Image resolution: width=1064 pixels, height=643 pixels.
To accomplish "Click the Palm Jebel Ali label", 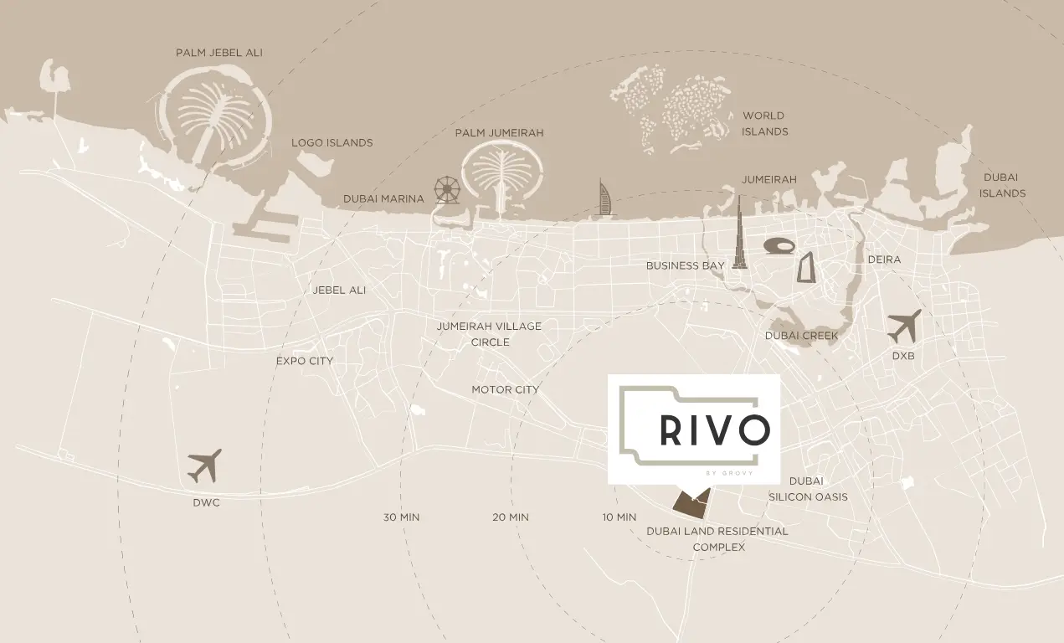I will tap(218, 53).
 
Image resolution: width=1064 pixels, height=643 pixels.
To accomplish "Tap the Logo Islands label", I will tap(332, 143).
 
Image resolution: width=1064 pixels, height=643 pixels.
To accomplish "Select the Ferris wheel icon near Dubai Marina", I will tap(447, 190).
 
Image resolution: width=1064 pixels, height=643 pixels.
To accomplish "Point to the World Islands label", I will tap(764, 124).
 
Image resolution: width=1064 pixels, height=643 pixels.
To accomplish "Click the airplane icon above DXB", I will tap(904, 326).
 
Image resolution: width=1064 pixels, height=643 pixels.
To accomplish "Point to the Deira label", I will tap(884, 260).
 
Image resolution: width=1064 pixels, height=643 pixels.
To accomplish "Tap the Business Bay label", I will tap(685, 266).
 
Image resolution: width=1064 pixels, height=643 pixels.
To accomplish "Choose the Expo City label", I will tap(305, 362).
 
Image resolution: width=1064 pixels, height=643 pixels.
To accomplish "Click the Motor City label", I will tap(505, 390).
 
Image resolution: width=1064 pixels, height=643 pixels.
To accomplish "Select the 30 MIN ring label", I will tap(401, 517).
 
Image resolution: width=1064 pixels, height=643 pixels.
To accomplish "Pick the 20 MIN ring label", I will tap(511, 517).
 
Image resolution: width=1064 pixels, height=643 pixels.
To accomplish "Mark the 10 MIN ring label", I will tap(619, 517).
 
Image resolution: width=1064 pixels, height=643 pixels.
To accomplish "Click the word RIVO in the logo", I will tap(714, 430).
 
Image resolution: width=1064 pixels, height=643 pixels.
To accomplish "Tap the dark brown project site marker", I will tap(691, 503).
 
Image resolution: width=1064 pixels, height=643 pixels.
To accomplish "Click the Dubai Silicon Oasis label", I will tap(808, 489).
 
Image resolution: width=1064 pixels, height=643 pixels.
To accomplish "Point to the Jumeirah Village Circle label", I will tap(489, 334).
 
